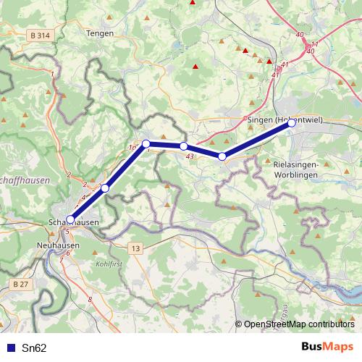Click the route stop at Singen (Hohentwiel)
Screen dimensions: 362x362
coord(292,123)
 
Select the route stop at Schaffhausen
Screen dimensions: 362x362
coord(70,219)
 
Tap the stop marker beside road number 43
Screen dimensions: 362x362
coord(184,146)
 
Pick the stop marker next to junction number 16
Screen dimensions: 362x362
coord(146,143)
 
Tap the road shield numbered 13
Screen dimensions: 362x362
coord(135,248)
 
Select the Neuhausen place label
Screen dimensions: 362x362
coord(57,245)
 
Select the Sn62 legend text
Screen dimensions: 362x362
coord(34,348)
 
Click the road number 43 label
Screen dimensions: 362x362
coord(189,156)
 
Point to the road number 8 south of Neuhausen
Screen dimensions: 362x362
coord(90,299)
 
